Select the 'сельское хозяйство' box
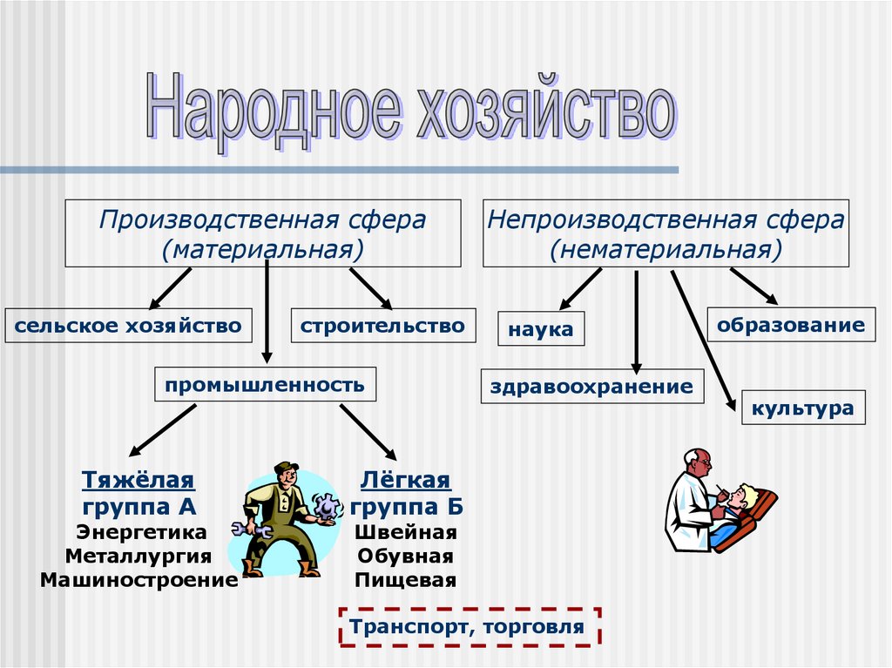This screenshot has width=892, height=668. (x=128, y=326)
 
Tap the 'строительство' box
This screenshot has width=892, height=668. (x=383, y=326)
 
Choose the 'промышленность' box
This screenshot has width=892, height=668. (x=265, y=384)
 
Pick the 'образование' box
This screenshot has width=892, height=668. (x=791, y=326)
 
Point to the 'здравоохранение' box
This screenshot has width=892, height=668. (x=591, y=386)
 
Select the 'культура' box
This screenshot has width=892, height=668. (x=803, y=408)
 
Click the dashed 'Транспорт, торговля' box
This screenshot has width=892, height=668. (x=469, y=627)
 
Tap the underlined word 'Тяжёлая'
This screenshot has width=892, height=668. (x=139, y=480)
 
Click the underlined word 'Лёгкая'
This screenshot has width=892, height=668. (x=405, y=480)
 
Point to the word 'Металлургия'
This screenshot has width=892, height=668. (x=139, y=556)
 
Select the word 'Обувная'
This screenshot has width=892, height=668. (x=405, y=556)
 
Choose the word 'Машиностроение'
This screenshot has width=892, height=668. (x=139, y=580)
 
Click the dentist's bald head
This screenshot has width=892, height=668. (x=695, y=459)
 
